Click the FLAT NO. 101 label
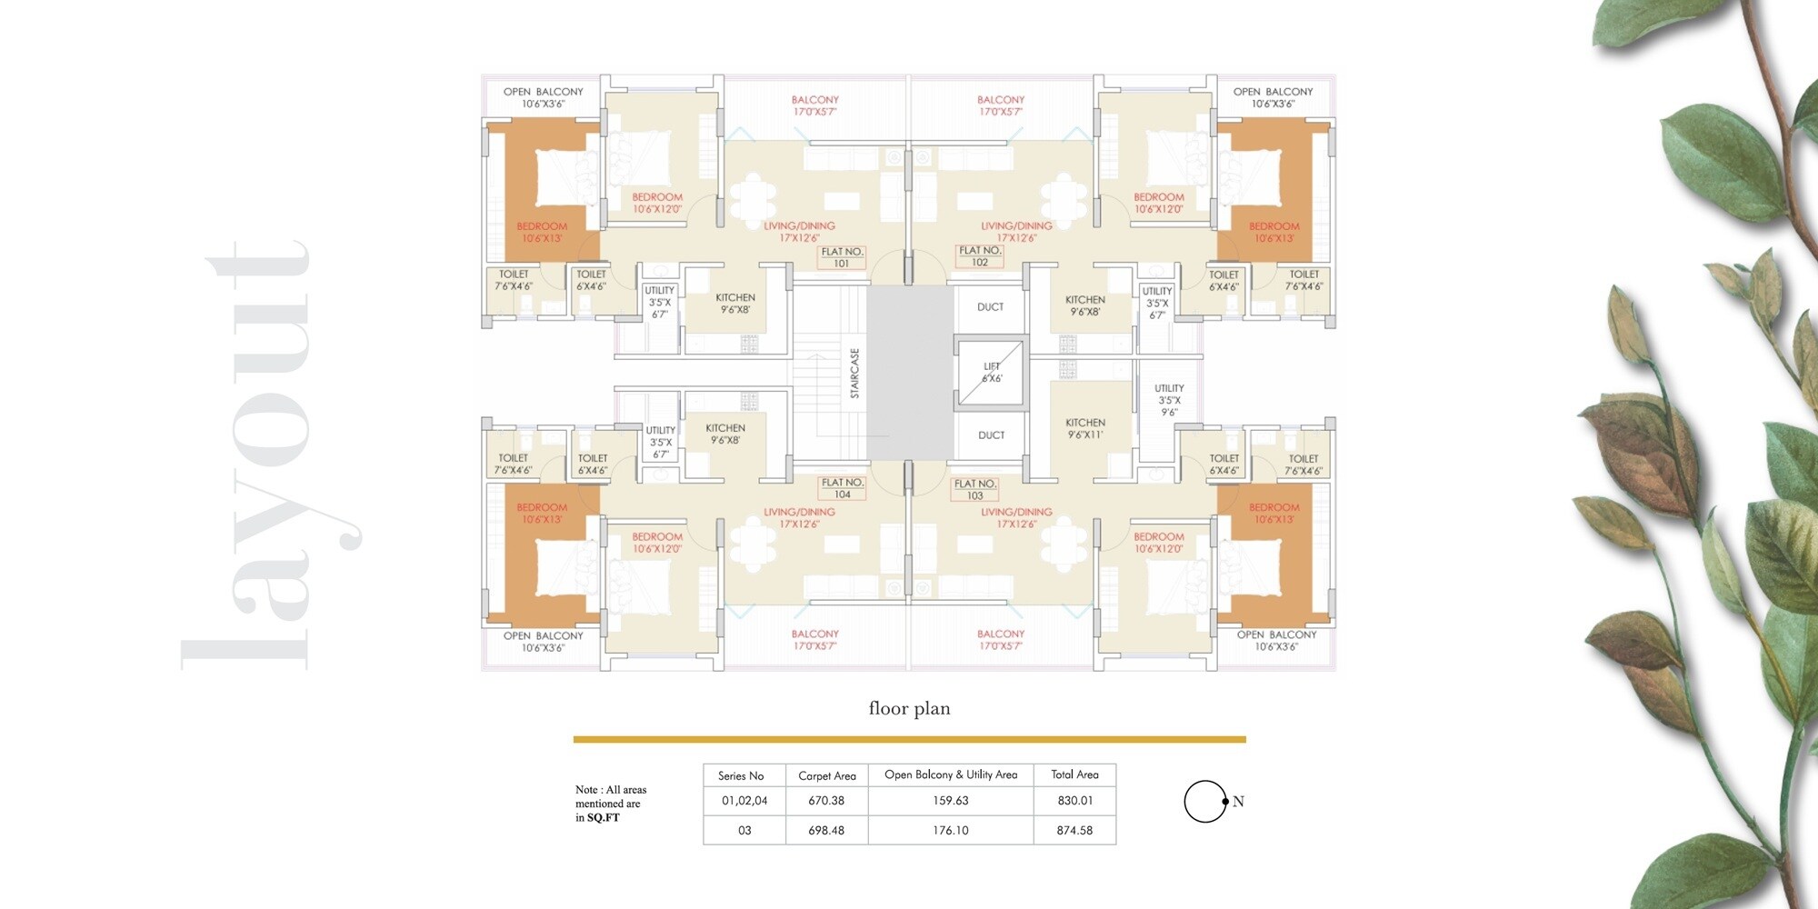click(x=842, y=257)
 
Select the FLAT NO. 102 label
click(x=979, y=256)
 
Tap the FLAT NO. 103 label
click(x=975, y=490)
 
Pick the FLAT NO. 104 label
click(x=842, y=488)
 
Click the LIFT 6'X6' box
click(x=991, y=373)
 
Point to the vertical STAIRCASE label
click(x=854, y=373)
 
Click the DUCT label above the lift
click(x=990, y=307)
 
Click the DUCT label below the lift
click(x=991, y=435)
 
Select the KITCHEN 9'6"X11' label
click(x=1085, y=428)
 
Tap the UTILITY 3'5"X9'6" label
click(x=1169, y=400)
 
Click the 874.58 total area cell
click(x=1074, y=830)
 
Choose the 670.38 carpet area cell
click(x=826, y=801)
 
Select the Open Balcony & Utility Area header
click(x=951, y=774)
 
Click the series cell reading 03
click(x=744, y=830)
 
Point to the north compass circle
click(x=1205, y=801)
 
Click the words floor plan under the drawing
click(x=909, y=708)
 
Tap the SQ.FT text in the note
click(x=603, y=818)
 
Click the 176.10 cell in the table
click(x=951, y=830)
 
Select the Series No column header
click(x=741, y=775)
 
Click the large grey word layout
click(x=264, y=454)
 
